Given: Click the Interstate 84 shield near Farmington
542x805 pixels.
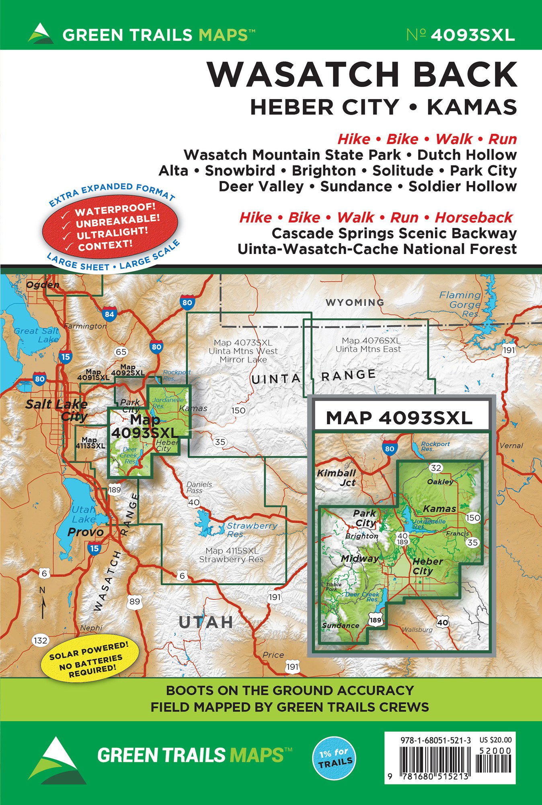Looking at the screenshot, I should click(109, 314).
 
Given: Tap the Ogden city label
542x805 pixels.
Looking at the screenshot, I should click(43, 285).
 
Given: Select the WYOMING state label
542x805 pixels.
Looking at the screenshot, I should click(355, 302).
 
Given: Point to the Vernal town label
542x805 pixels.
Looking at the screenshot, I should click(511, 446).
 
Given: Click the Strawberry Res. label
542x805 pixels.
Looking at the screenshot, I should click(252, 530).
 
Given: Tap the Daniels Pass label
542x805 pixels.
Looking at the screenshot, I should click(199, 487).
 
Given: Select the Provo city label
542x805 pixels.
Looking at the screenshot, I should click(85, 532).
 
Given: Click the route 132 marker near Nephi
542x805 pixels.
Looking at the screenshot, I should click(41, 640).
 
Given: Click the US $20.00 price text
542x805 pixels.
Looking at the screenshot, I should click(495, 740).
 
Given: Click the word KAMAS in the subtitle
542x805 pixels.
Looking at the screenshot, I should click(472, 107).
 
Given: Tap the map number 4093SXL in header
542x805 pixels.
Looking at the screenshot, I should click(472, 35).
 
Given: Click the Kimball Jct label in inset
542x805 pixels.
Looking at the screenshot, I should click(337, 478).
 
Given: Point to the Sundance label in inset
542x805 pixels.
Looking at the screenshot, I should click(341, 625).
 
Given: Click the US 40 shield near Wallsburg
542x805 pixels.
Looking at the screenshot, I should click(442, 622).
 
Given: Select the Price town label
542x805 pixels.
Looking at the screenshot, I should click(273, 655).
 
